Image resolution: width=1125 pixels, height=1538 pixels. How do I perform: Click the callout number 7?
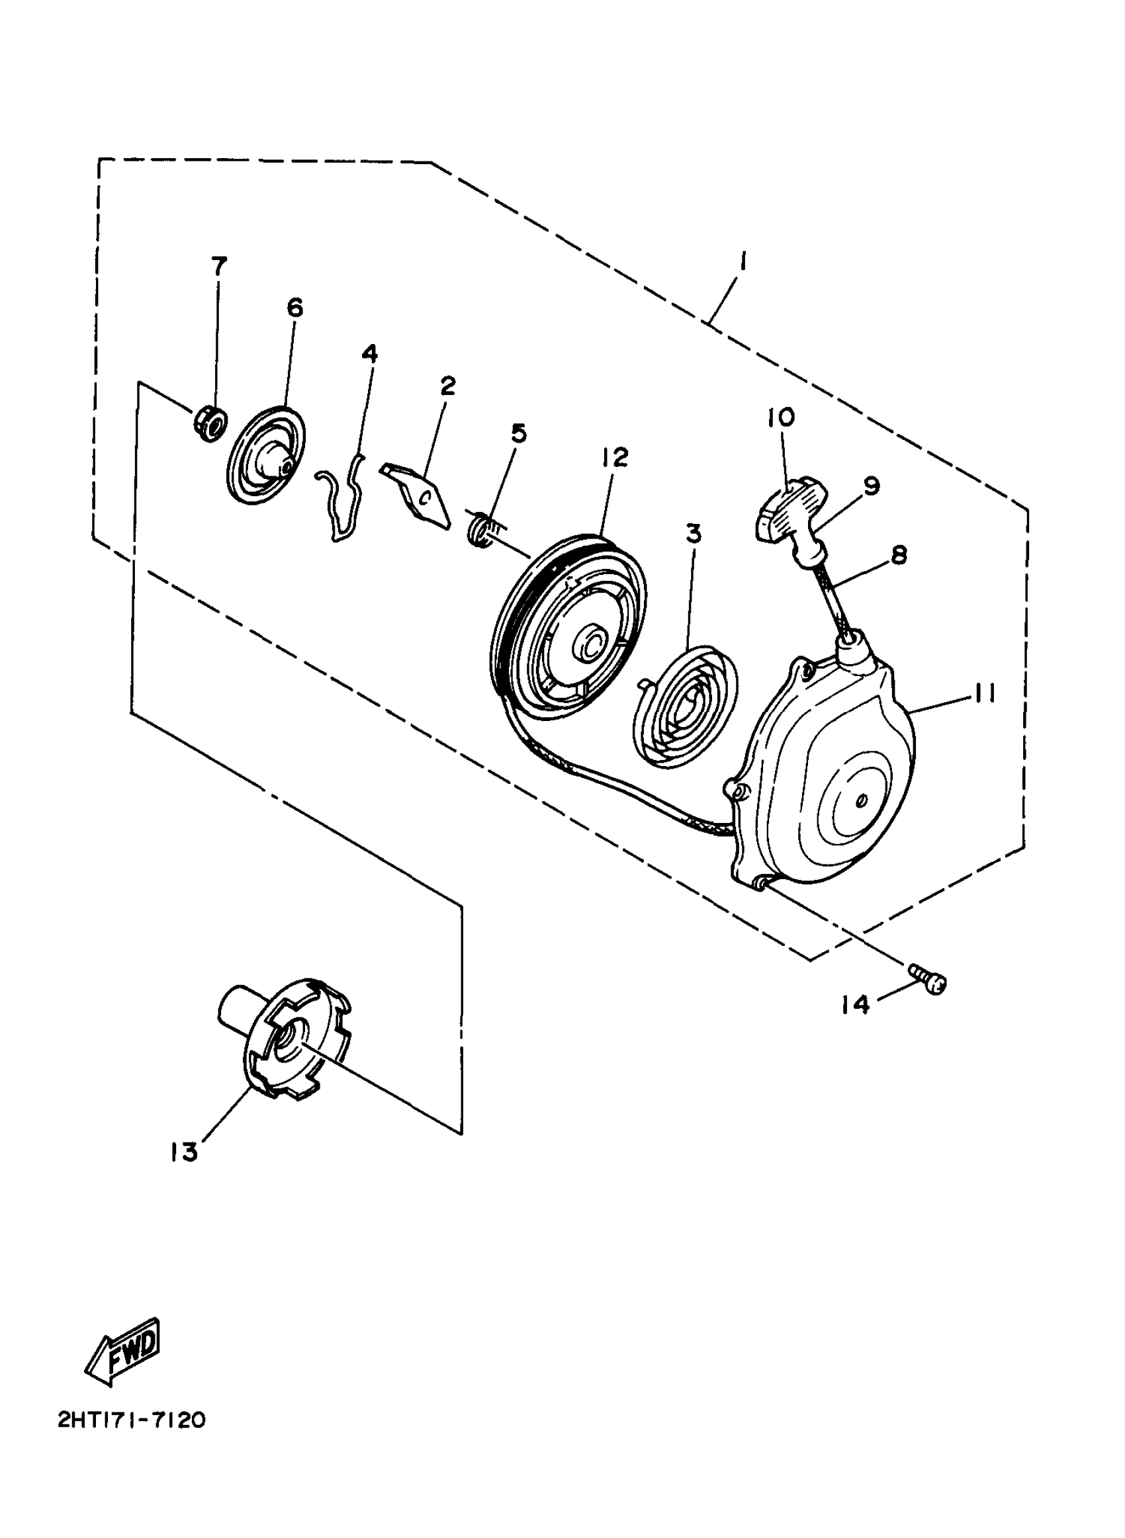tap(218, 266)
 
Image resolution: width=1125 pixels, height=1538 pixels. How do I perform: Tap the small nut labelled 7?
tap(209, 425)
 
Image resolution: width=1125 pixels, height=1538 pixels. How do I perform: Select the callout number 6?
tap(294, 308)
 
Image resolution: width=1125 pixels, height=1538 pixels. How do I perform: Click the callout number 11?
tap(983, 694)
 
